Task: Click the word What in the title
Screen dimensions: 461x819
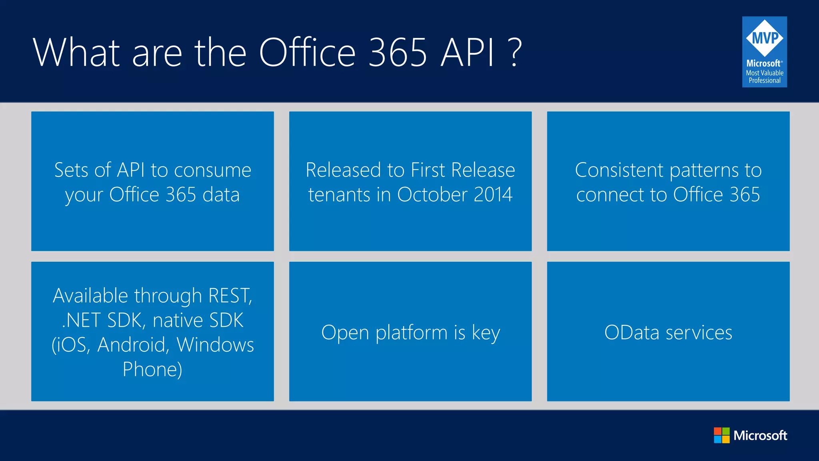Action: tap(76, 52)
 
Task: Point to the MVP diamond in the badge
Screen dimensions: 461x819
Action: tap(765, 38)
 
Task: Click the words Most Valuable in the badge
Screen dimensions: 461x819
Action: tap(765, 73)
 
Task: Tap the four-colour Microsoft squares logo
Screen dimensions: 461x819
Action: tap(721, 435)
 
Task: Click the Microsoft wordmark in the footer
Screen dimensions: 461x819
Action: tap(760, 435)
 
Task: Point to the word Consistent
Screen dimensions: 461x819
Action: tap(619, 170)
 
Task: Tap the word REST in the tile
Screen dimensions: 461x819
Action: tap(230, 296)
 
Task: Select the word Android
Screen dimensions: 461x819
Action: tap(132, 345)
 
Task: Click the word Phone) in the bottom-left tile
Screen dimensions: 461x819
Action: tap(152, 370)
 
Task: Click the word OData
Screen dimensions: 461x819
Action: tap(631, 333)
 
